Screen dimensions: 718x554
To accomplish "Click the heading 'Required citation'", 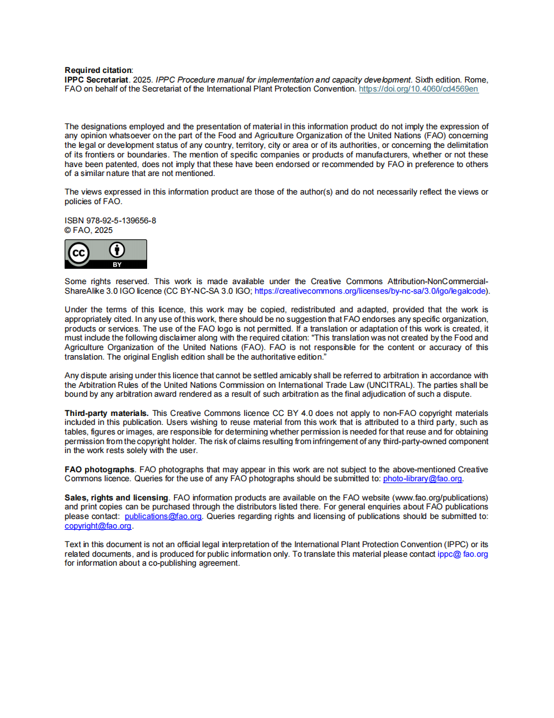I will [98, 70].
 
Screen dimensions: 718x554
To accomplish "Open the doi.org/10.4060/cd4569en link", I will [418, 90].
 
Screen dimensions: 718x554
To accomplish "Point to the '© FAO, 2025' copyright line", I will [88, 230].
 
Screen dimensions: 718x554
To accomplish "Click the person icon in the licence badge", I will [117, 250].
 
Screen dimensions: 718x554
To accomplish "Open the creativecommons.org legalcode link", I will [370, 291].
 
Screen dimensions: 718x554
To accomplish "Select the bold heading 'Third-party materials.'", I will [107, 413].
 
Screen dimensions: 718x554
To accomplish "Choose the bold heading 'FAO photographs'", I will [99, 470].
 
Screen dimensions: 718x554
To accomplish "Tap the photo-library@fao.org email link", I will [422, 479].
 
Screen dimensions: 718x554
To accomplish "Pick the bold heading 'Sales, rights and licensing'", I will [116, 498].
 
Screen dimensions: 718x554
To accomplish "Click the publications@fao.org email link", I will [163, 516].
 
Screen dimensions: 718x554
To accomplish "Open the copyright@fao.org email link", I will [98, 526].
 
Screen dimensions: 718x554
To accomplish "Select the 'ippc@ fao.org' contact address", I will [463, 554].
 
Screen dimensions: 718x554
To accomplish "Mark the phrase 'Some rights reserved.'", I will [107, 282].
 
